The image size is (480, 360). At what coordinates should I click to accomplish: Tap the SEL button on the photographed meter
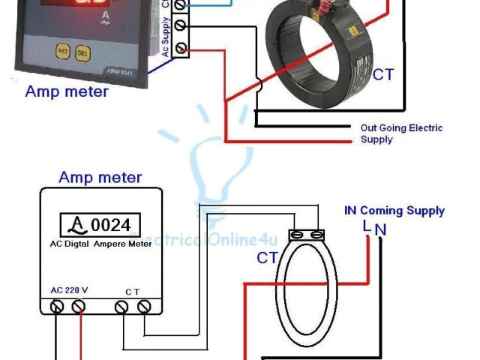click(82, 53)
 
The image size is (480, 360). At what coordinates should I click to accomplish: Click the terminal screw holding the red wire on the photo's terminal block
click(181, 49)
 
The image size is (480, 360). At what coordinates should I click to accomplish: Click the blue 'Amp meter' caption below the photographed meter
click(67, 92)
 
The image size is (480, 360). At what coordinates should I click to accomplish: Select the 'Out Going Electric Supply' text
click(401, 133)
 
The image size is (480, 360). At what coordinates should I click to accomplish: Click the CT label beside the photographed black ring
click(382, 75)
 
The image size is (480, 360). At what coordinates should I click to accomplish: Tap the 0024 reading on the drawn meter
click(111, 224)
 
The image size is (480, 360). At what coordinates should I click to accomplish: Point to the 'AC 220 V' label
click(70, 290)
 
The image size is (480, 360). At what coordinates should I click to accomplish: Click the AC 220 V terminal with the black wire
click(56, 306)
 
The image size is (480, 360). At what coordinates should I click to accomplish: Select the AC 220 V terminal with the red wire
click(78, 306)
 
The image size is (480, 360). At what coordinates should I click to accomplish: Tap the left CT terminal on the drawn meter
click(122, 306)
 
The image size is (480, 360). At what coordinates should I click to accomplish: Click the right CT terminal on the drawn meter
click(143, 306)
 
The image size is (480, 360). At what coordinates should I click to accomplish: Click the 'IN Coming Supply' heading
click(394, 211)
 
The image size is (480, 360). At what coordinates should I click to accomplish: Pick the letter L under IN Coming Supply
click(366, 226)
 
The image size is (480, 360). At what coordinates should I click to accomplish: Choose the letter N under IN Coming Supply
click(380, 227)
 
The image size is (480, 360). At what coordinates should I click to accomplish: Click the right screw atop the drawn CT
click(318, 235)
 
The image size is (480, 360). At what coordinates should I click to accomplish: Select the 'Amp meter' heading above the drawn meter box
click(100, 178)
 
